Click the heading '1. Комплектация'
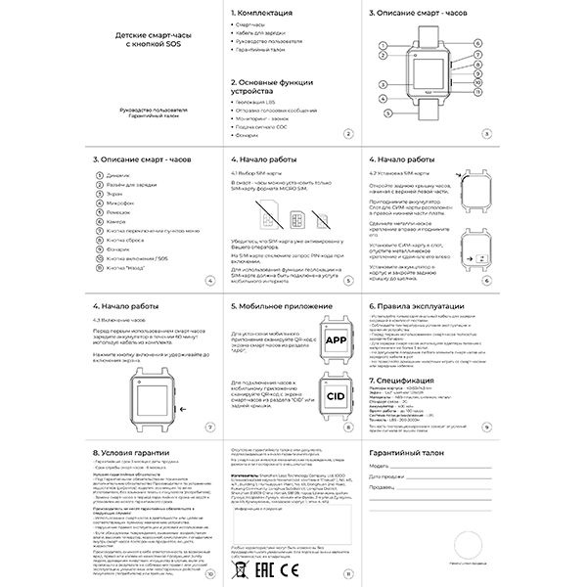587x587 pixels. pyautogui.click(x=261, y=15)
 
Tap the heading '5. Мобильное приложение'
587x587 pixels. pyautogui.click(x=283, y=305)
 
